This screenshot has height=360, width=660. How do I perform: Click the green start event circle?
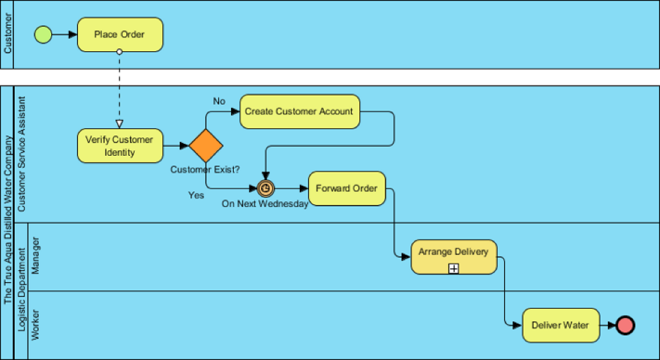[x=44, y=34]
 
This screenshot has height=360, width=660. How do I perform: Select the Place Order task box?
[x=120, y=34]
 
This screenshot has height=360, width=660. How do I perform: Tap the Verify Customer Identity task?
[x=119, y=146]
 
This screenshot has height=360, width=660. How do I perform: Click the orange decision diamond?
[x=206, y=146]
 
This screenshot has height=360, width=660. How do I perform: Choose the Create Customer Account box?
[x=300, y=112]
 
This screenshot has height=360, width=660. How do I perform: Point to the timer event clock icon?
[x=265, y=188]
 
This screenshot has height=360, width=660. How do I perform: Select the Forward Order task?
[x=347, y=188]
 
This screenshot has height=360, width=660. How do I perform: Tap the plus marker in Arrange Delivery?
[x=454, y=268]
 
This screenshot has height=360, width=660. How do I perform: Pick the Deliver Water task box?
[x=561, y=325]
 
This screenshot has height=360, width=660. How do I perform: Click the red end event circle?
[x=625, y=325]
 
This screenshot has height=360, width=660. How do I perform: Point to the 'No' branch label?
[x=219, y=101]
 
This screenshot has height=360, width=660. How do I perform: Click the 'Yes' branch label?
[x=196, y=195]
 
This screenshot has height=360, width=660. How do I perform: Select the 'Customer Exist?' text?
[x=205, y=169]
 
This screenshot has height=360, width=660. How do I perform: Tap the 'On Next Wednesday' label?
[x=265, y=204]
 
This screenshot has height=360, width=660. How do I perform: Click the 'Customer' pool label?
[x=8, y=35]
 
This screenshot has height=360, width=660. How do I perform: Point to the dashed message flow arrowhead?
[x=119, y=124]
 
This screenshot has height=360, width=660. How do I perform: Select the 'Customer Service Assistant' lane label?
[x=22, y=154]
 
